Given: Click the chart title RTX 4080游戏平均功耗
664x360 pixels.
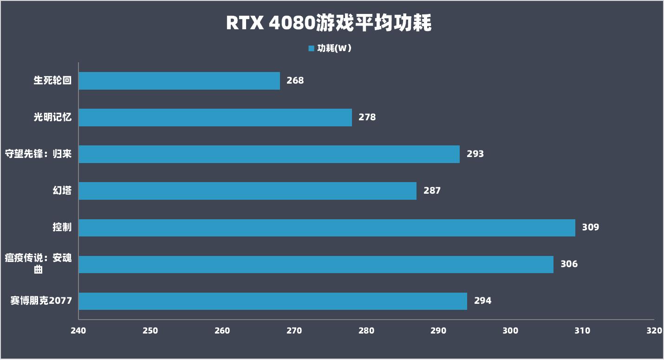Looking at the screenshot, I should pyautogui.click(x=329, y=23).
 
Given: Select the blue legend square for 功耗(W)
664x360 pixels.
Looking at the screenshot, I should pyautogui.click(x=311, y=48).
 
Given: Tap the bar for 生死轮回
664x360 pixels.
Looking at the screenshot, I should pyautogui.click(x=179, y=81).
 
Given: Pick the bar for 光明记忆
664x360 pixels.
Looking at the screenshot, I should pyautogui.click(x=215, y=118).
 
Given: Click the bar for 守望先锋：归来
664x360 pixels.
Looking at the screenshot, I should pyautogui.click(x=269, y=154).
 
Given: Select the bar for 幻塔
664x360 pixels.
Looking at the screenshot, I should pyautogui.click(x=247, y=191).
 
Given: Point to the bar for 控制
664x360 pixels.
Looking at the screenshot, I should pyautogui.click(x=326, y=228).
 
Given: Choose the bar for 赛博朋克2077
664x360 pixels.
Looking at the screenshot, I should pyautogui.click(x=273, y=301).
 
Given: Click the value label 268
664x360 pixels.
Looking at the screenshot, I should pyautogui.click(x=295, y=81).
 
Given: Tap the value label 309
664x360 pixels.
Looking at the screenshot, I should pyautogui.click(x=591, y=228).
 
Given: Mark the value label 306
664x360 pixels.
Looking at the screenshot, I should pyautogui.click(x=569, y=264).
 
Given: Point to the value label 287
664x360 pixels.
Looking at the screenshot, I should pyautogui.click(x=432, y=191).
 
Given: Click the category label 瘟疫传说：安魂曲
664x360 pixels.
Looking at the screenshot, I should pyautogui.click(x=39, y=263).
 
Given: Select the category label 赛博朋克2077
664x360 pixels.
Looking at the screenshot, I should pyautogui.click(x=41, y=301).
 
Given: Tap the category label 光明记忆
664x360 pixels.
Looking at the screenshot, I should pyautogui.click(x=52, y=118).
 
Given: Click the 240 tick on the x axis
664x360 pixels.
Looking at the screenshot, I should pyautogui.click(x=78, y=331).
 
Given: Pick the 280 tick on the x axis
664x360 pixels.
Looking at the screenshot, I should pyautogui.click(x=366, y=331).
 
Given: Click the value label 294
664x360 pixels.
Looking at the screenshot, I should pyautogui.click(x=482, y=301).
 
